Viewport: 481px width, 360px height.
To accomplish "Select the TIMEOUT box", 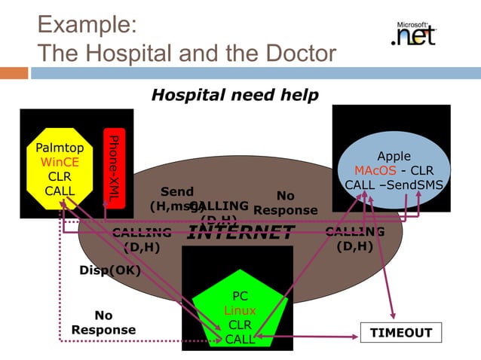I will tap(400, 333).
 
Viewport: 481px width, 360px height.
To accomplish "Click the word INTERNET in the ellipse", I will tap(240, 232).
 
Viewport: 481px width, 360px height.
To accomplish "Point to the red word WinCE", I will tap(60, 162).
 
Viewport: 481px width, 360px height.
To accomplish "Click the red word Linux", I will tap(240, 310).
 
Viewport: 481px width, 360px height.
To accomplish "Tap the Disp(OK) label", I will tap(110, 270).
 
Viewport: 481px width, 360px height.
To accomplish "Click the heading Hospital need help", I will tap(234, 95).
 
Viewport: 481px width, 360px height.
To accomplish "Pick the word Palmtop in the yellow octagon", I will tap(60, 148).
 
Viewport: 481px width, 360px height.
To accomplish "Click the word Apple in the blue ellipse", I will tap(394, 156).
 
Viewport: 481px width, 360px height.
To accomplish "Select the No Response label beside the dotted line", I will tap(103, 322).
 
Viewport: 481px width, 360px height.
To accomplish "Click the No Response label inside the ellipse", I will tap(286, 203).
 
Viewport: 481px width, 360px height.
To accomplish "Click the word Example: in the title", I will tap(86, 24).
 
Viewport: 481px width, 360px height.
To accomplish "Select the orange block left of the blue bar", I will tap(14, 73).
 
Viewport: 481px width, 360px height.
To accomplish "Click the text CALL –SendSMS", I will tap(394, 185).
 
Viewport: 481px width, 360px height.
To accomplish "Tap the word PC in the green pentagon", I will tap(240, 297).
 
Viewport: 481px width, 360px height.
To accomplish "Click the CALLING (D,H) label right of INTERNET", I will tap(354, 239).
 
